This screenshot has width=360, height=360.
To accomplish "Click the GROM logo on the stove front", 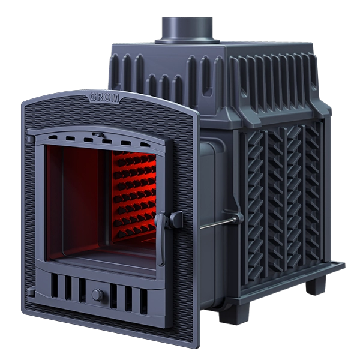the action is [104, 98].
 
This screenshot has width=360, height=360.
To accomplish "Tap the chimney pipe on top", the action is [187, 30].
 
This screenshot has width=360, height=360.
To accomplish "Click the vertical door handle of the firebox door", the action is [160, 239].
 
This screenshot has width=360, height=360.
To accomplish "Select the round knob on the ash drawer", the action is [98, 295].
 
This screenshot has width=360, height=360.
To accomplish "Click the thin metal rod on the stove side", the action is [217, 224].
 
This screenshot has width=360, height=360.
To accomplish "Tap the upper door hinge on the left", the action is [31, 139].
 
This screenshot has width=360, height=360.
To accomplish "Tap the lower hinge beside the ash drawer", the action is [31, 292].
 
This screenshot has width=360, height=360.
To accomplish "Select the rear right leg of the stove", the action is [316, 284].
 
